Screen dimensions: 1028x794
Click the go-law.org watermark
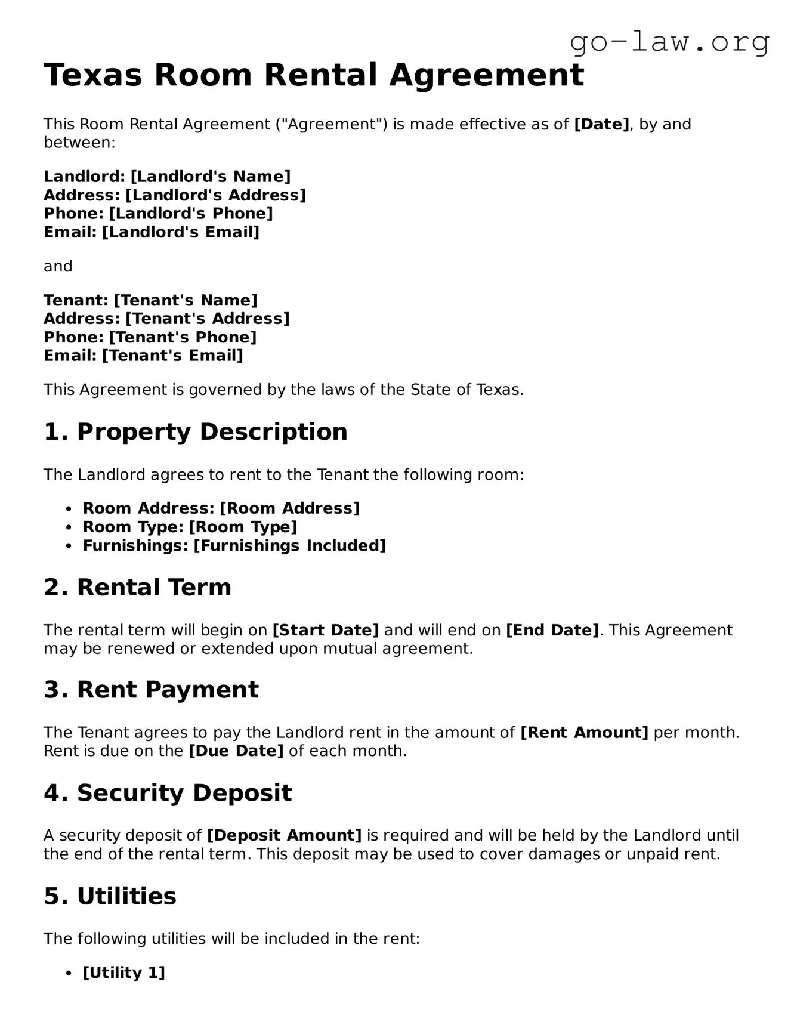coord(669,42)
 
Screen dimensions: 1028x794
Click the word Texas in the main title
coord(93,75)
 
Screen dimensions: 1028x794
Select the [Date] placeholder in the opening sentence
coord(601,124)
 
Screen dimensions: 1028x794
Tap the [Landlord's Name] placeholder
coord(211,177)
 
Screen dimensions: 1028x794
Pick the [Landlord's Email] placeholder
coord(181,232)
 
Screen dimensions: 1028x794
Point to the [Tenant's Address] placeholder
coord(208,319)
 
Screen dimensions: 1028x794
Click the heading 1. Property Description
coord(195,432)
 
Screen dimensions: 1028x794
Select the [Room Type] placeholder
coord(243,527)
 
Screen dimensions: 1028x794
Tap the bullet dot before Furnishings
coord(69,546)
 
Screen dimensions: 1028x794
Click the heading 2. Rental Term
coord(137,588)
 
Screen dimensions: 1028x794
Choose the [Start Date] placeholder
coord(326,631)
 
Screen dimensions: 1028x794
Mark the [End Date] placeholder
coord(552,631)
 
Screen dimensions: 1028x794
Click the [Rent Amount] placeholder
coord(584,733)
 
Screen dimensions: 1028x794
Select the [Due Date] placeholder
coord(236,751)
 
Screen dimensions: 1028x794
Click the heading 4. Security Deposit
coord(168,793)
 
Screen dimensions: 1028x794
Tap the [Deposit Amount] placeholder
coord(284,836)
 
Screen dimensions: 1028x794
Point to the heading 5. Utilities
coord(110,896)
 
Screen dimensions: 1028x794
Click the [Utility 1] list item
coord(123,973)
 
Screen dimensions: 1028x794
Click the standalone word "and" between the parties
coord(58,266)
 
